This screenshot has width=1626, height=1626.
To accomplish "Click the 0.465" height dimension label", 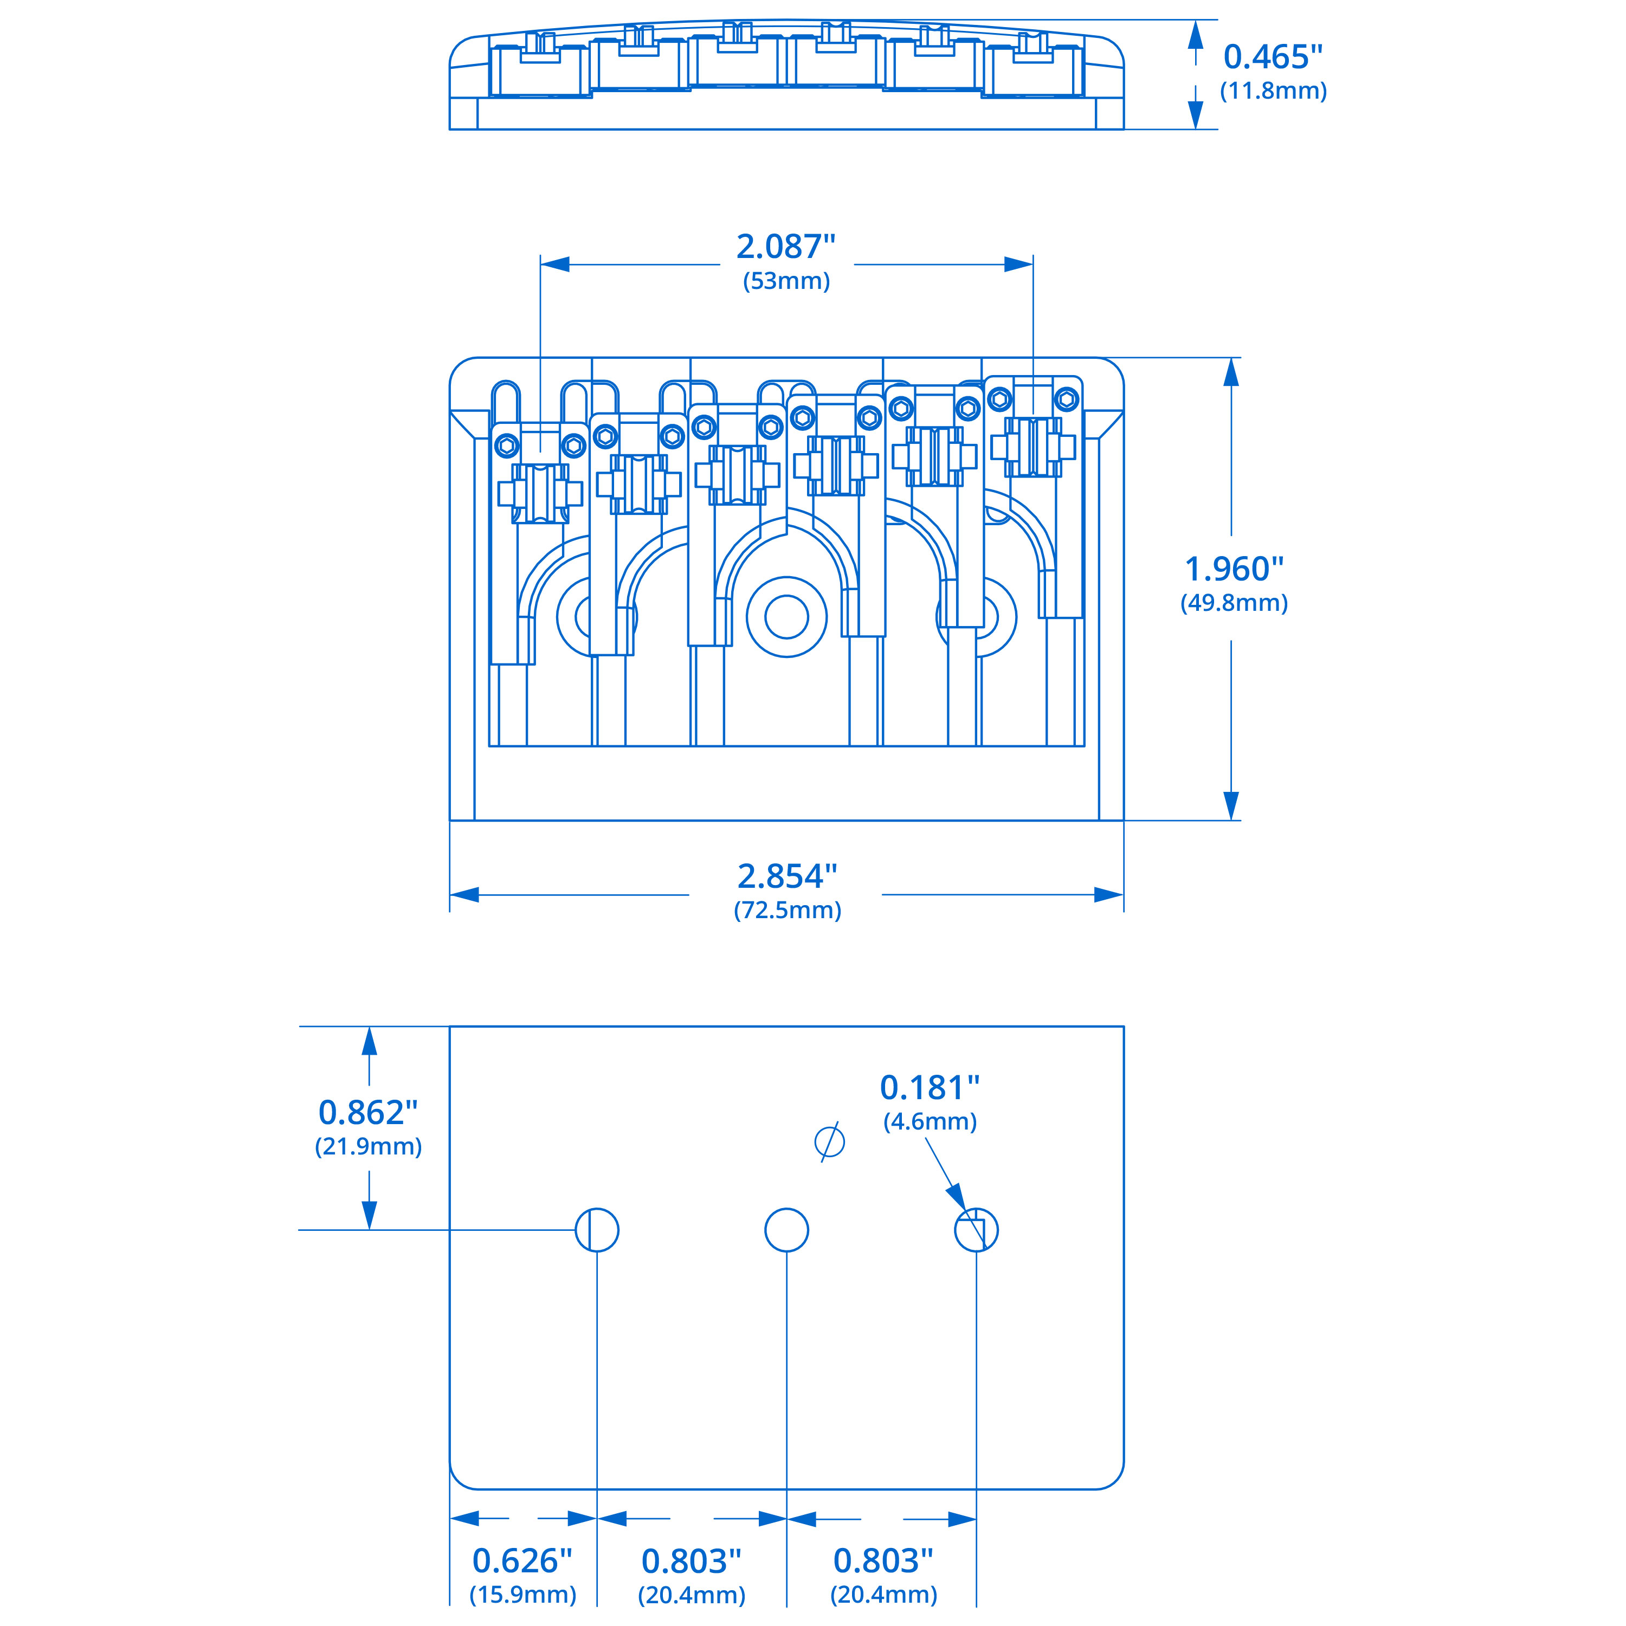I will point(1273,57).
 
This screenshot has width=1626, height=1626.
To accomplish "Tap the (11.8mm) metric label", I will point(1273,91).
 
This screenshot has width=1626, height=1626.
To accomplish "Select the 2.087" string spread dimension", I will point(786,247).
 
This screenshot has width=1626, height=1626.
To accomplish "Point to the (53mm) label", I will point(786,281).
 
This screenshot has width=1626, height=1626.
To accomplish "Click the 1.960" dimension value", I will point(1234,569).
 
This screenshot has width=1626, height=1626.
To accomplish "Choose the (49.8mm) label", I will point(1234,603).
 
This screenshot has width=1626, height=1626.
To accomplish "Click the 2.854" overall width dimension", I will point(787,876).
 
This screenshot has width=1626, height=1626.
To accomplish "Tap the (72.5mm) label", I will point(787,910).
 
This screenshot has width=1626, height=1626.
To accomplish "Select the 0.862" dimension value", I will point(368,1113).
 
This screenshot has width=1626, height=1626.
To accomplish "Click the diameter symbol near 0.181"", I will point(830,1142).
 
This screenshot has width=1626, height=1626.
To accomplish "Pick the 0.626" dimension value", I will point(522,1561).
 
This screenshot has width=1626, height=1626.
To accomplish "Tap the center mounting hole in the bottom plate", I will point(786,1230).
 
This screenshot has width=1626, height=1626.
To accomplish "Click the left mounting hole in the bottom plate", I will point(597,1230).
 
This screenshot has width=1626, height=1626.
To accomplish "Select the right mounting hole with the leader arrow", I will point(976,1230).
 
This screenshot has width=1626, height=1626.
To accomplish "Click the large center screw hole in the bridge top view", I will point(786,617).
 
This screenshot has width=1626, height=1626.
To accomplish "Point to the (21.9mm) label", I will point(368,1146).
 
